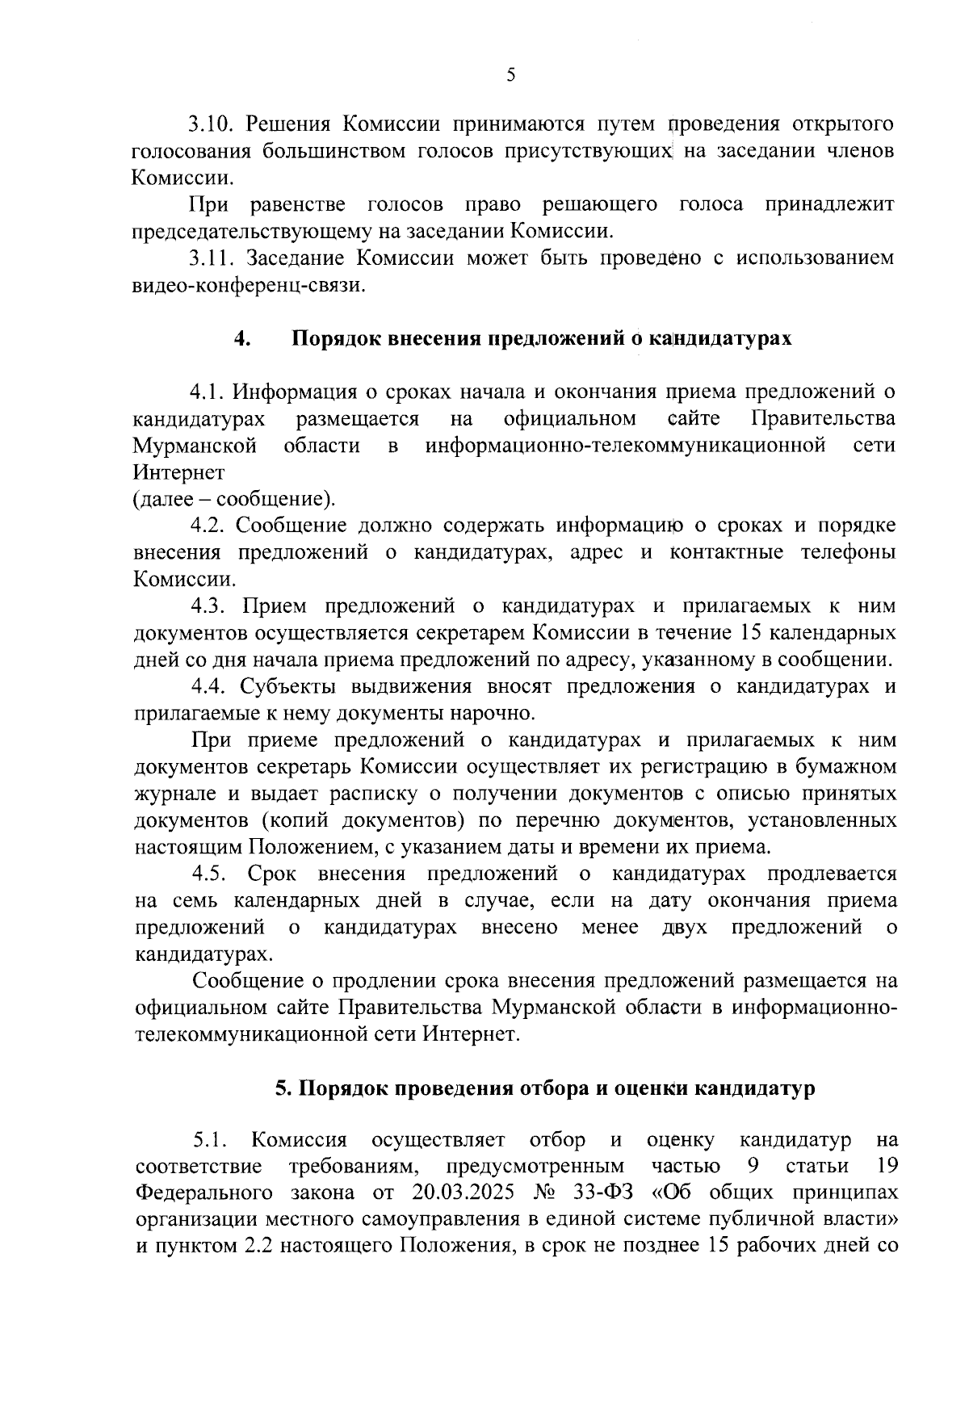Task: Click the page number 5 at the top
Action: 510,76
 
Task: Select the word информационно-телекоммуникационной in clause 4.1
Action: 626,445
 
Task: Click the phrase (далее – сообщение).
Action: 234,498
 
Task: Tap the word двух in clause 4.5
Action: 684,927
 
